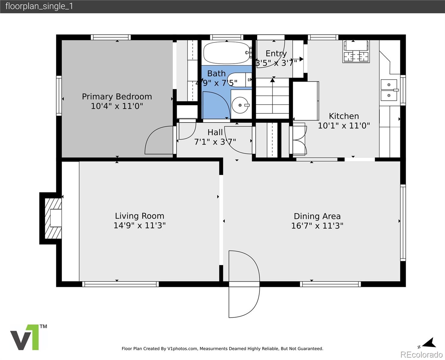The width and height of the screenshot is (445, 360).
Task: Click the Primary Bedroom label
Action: (117, 97)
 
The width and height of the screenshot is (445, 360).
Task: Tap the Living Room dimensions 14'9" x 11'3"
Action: (139, 226)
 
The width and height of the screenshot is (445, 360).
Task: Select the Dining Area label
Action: (317, 216)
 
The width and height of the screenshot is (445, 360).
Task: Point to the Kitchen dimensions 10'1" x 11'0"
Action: (344, 126)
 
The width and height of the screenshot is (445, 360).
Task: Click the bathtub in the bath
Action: (227, 53)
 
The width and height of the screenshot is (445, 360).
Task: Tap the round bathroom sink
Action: (240, 105)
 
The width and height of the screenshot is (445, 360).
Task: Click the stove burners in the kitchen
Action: (356, 56)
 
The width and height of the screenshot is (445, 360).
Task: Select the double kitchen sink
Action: (389, 90)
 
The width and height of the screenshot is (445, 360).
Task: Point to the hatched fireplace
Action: (53, 218)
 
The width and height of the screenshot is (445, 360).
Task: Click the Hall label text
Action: (215, 132)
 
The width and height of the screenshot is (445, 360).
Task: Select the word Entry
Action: (276, 53)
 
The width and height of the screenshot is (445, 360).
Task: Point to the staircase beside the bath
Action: (273, 98)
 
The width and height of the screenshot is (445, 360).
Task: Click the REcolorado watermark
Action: (421, 355)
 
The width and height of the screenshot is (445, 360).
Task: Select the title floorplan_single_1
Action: (39, 6)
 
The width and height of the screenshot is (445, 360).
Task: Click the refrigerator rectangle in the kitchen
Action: (306, 101)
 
